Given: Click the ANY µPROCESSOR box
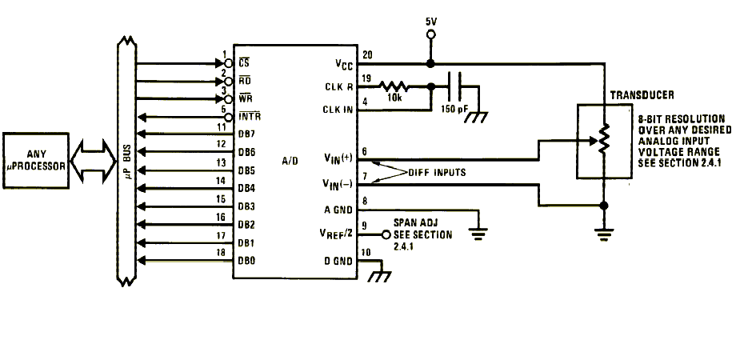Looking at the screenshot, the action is (36, 161).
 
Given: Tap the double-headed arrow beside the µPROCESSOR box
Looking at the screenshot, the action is (94, 161).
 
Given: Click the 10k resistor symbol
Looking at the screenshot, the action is (394, 86).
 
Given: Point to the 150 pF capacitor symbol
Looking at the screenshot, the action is (454, 86).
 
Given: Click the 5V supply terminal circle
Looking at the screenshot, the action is (430, 34).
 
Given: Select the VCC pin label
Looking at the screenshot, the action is (345, 64).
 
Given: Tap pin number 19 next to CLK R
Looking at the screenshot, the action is (367, 78).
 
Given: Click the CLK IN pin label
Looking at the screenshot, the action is (338, 110).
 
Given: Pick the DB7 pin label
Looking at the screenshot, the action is (246, 134).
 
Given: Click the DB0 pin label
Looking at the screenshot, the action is (246, 262).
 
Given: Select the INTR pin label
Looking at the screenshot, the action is (250, 117).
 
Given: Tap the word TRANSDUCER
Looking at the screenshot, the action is (642, 95).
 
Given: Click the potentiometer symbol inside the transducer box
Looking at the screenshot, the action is (604, 139).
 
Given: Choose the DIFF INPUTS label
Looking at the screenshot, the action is (437, 173).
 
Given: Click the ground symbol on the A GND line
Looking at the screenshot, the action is (478, 233).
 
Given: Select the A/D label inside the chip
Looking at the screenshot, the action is (290, 161).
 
